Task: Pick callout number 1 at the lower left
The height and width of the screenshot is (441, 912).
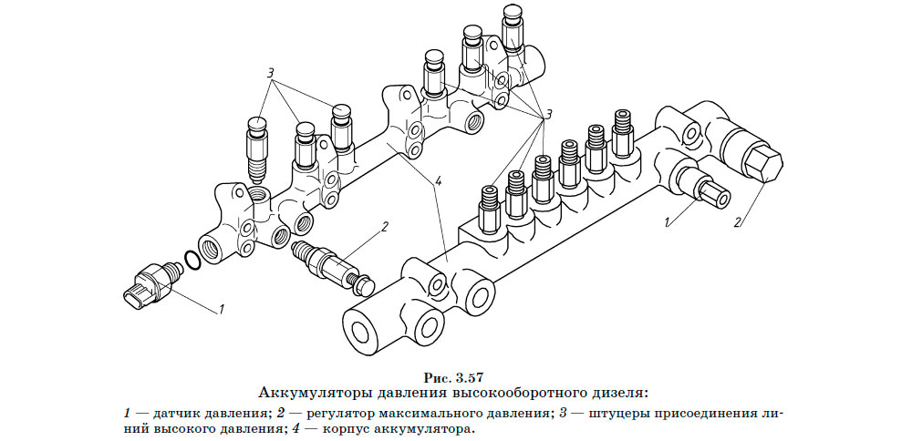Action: [x=220, y=310]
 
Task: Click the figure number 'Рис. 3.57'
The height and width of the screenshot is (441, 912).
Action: [x=455, y=377]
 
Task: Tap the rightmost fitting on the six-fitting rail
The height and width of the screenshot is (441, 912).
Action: [x=623, y=133]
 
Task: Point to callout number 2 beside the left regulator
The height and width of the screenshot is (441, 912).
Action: [x=385, y=225]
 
